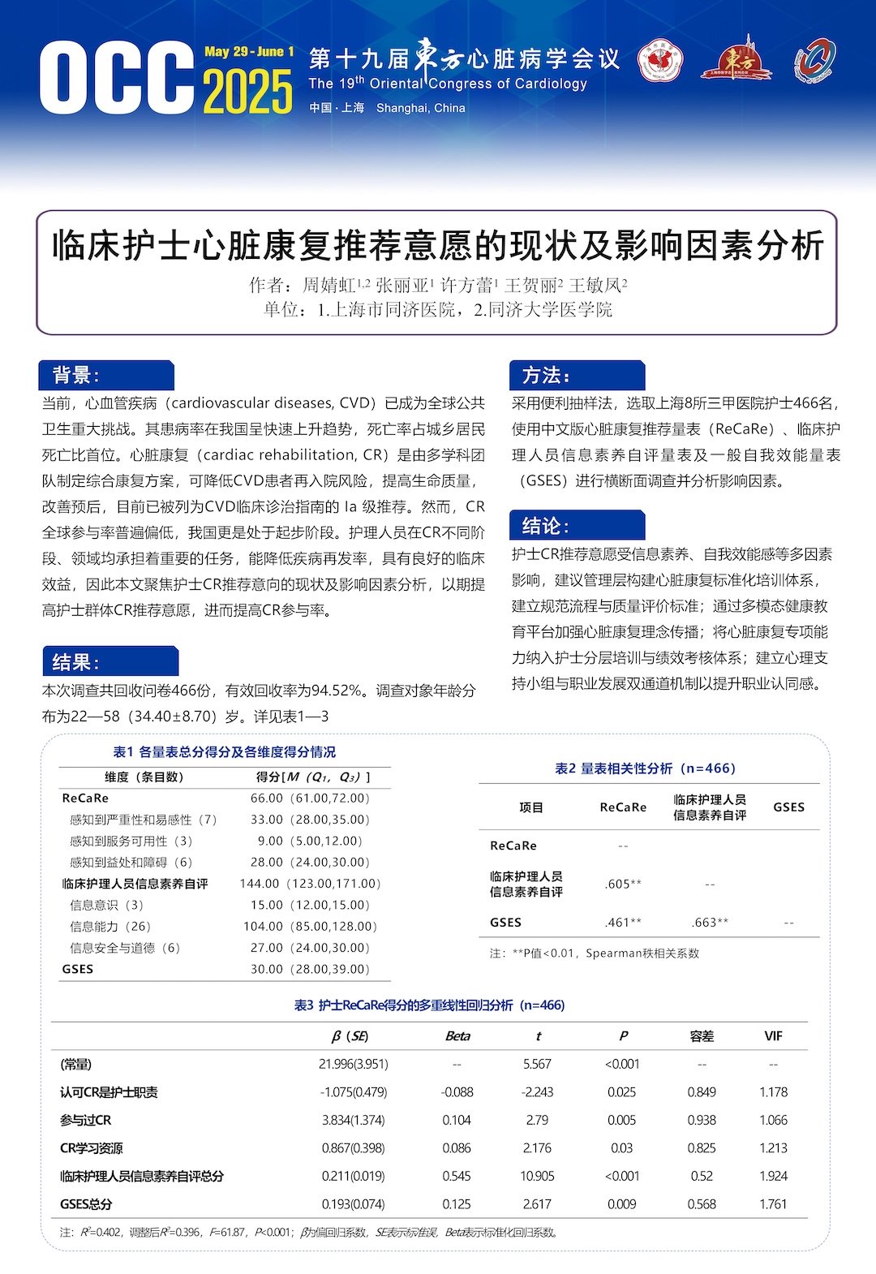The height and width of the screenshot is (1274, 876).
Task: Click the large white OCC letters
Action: click(117, 78)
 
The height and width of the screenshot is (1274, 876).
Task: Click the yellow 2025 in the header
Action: click(247, 92)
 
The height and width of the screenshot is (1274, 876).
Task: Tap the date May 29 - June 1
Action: click(249, 52)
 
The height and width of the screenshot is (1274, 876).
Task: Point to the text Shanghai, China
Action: click(420, 108)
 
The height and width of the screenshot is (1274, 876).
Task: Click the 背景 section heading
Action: click(75, 375)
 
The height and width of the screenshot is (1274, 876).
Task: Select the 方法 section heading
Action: click(545, 375)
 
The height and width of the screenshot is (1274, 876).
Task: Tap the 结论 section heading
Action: click(545, 526)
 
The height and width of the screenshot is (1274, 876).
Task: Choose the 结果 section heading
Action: click(75, 662)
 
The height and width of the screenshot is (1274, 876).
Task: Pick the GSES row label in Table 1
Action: click(78, 969)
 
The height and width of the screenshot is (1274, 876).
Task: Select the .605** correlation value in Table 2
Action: click(623, 884)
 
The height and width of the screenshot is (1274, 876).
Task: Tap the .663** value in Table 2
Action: click(710, 923)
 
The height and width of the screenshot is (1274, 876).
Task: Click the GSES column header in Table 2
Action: click(788, 807)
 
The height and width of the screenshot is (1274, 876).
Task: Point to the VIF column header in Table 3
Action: click(773, 1036)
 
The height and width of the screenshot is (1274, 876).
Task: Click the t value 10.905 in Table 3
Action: click(537, 1176)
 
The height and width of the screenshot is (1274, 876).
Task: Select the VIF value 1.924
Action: click(773, 1176)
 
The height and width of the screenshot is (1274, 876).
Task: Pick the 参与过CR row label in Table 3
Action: click(85, 1120)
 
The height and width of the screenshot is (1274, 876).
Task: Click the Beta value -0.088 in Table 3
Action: click(457, 1092)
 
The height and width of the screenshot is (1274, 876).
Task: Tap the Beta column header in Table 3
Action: click(457, 1036)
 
